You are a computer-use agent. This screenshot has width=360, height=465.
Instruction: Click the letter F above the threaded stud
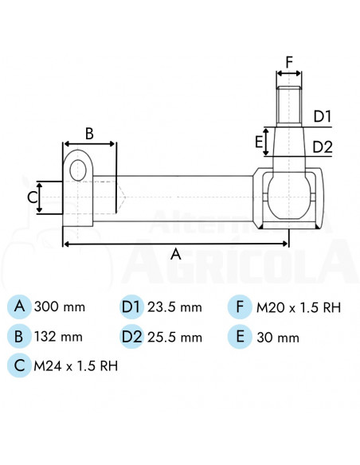[289, 62]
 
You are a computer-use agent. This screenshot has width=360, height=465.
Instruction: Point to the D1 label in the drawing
[323, 116]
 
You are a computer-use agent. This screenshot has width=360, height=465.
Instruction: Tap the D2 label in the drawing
[323, 147]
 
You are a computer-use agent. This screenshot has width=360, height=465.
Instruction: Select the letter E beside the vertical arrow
[259, 142]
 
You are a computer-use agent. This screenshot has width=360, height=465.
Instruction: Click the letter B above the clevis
[89, 134]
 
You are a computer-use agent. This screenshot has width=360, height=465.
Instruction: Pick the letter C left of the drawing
[32, 197]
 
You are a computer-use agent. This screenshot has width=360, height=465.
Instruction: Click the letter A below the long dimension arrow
[176, 254]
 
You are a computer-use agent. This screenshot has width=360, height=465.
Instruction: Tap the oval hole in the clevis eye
[78, 170]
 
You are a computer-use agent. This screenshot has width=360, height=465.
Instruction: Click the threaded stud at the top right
[289, 105]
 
